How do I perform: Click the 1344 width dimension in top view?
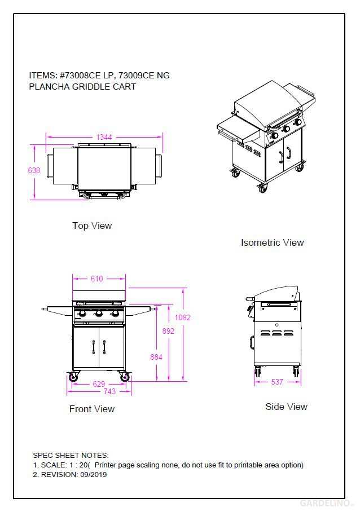click(x=104, y=137)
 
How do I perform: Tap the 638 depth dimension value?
click(x=34, y=170)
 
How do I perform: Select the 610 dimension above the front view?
click(x=97, y=279)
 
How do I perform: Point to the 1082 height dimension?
click(x=183, y=317)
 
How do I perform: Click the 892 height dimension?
click(x=168, y=331)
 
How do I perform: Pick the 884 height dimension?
click(x=156, y=357)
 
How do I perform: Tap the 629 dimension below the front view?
click(x=99, y=384)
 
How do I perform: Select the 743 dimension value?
click(x=109, y=391)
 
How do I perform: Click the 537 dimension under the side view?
click(x=277, y=382)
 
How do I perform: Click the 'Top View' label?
click(x=92, y=226)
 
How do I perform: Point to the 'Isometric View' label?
click(x=272, y=242)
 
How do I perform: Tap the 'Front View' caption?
click(x=92, y=409)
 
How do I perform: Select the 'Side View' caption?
click(x=286, y=407)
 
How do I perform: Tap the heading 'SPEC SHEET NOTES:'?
click(x=71, y=455)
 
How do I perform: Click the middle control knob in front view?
click(x=98, y=314)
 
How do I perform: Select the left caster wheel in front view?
click(x=73, y=378)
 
